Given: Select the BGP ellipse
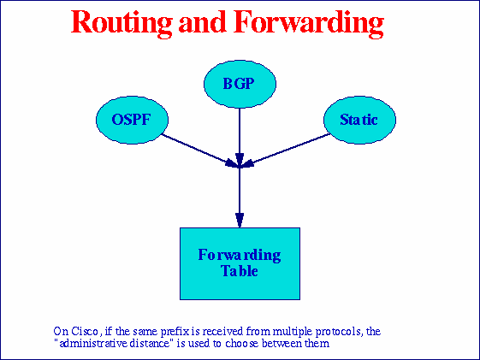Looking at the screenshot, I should tap(240, 84).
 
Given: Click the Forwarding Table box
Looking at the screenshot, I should tap(240, 263).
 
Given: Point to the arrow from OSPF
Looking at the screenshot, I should tap(197, 149).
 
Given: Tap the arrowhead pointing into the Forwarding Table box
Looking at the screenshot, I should tap(240, 221).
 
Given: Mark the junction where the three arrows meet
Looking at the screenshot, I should tap(240, 165).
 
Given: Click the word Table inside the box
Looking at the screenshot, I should tap(240, 271).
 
